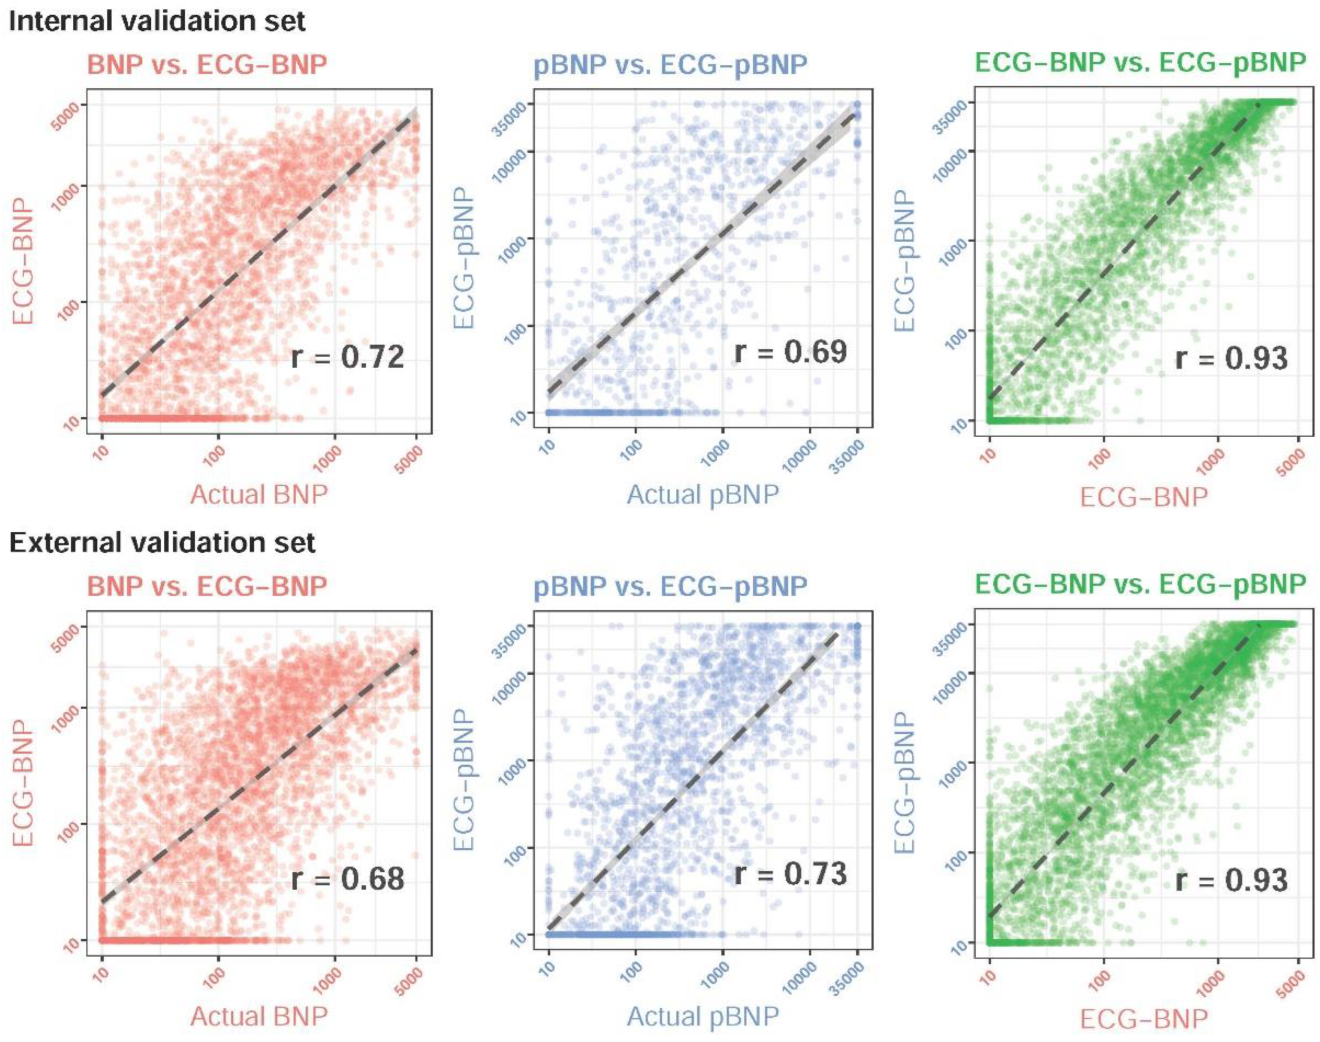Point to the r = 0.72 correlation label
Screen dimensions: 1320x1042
pos(347,357)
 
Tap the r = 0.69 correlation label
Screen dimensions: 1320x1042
pos(790,352)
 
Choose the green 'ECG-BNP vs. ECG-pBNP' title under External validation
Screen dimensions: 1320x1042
pos(1140,585)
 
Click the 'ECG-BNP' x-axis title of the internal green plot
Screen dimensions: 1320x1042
pos(1144,497)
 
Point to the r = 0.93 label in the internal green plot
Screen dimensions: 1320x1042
pos(1231,358)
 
